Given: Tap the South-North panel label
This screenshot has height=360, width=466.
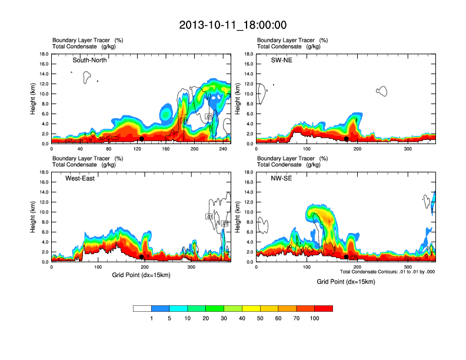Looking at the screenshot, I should (89, 60).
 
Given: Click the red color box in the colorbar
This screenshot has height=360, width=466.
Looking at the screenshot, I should (324, 308).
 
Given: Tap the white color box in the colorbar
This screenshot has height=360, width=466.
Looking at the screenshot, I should (142, 308).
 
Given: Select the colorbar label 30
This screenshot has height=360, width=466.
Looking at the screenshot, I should (224, 318).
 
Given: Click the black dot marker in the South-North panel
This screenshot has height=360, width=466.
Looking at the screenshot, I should (142, 139).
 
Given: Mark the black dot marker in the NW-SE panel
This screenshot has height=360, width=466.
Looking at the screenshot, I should (346, 257).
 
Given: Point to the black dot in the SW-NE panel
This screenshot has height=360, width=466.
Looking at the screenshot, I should (346, 139).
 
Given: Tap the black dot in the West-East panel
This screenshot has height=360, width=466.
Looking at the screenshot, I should (142, 257).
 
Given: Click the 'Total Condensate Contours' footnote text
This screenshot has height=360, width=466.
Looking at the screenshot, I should (387, 272).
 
